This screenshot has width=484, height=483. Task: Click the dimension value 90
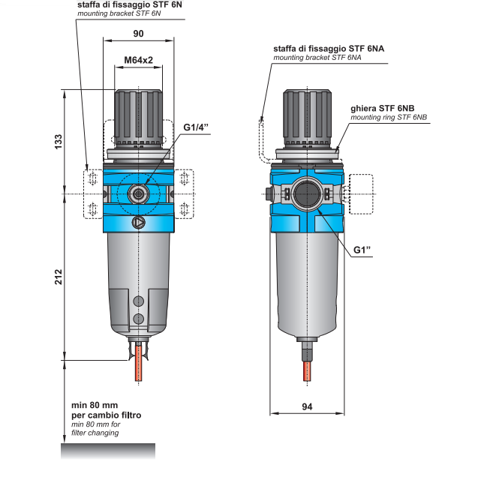(x=138, y=34)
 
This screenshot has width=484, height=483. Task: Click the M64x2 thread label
(x=138, y=59)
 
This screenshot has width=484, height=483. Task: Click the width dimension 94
(x=306, y=406)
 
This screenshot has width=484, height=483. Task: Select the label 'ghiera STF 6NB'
(x=387, y=108)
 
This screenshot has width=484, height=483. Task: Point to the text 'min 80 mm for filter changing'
(x=95, y=429)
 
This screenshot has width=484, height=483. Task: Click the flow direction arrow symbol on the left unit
(x=138, y=222)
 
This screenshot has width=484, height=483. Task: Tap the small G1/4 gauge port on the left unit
(x=138, y=193)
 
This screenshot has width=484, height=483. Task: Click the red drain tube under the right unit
(x=307, y=370)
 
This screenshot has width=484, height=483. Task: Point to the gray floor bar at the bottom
(x=108, y=451)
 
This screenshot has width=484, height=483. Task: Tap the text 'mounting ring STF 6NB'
(x=389, y=118)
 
